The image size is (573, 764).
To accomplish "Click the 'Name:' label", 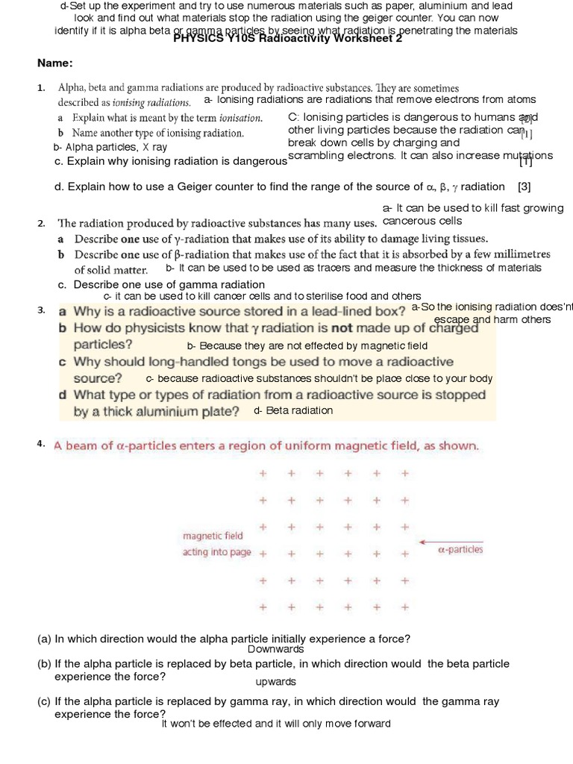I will [x=55, y=63].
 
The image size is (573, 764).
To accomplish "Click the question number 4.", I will [x=41, y=445].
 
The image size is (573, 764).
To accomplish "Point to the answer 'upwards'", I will [x=275, y=681].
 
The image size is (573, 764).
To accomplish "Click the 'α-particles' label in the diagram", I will [x=460, y=550].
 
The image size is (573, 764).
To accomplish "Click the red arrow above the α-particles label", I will [x=451, y=542].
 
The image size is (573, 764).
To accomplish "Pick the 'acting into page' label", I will [x=217, y=553].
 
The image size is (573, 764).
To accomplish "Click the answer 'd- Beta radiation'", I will [x=293, y=410].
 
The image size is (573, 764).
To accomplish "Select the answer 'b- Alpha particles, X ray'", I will [x=110, y=147].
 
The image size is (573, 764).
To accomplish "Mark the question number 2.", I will [x=41, y=223].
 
